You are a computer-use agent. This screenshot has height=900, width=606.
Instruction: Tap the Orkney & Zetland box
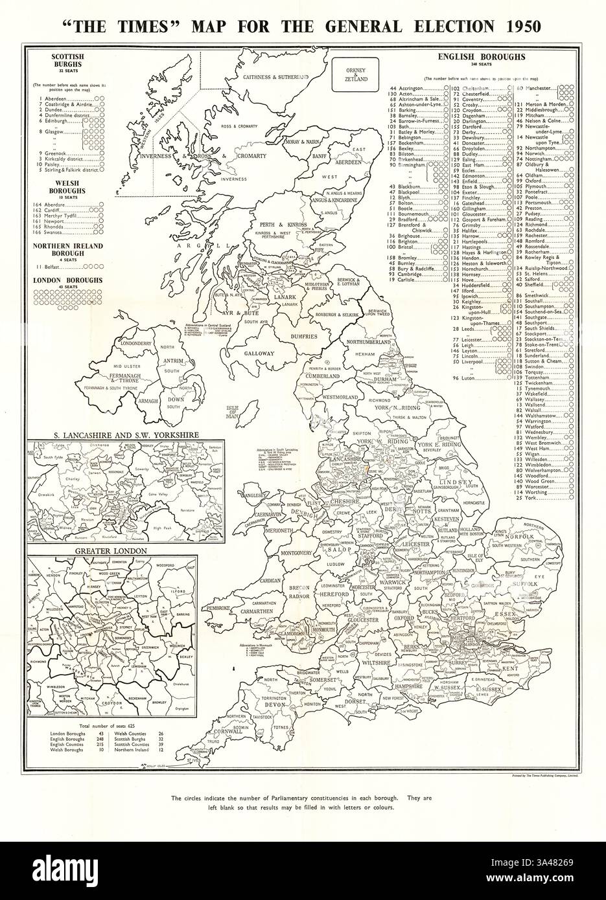tap(356, 75)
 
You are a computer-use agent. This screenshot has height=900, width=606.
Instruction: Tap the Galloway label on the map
tap(259, 354)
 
